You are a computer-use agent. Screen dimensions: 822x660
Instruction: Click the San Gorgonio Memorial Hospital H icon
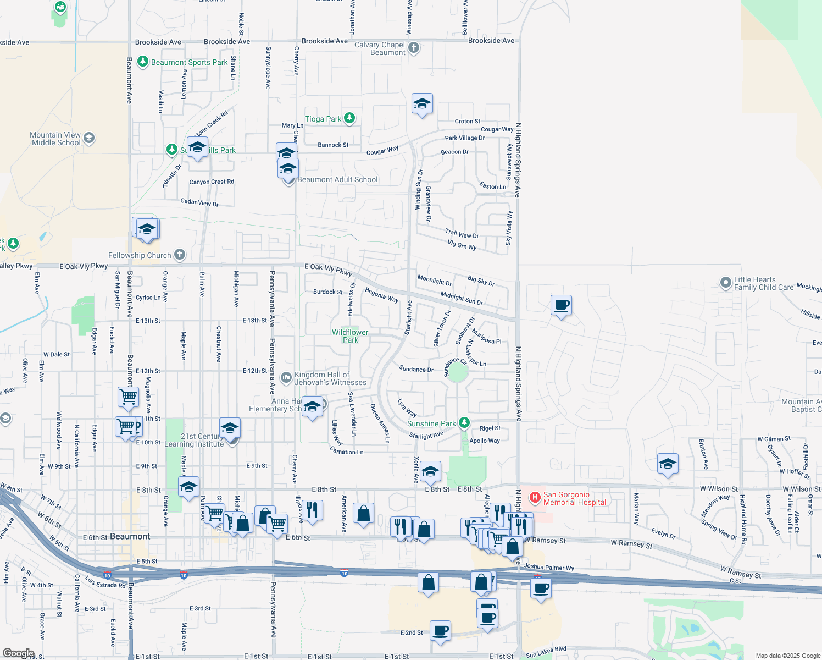[x=535, y=498]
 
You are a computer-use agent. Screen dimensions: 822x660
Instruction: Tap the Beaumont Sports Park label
[x=189, y=62]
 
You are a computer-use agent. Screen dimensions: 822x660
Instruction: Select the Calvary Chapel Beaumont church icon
[x=414, y=48]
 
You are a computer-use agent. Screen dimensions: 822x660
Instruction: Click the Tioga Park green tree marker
[x=349, y=118]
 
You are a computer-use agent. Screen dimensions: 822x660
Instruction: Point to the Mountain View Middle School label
[x=55, y=139]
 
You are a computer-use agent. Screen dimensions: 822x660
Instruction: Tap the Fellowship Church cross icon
[x=180, y=255]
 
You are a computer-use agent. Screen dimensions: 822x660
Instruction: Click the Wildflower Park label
[x=350, y=336]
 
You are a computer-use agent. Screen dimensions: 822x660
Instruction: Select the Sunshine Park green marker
[x=464, y=422]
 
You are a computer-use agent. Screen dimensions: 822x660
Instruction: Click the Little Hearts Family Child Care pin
[x=726, y=283]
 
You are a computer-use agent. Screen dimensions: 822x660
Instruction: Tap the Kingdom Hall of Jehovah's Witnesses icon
[x=286, y=377]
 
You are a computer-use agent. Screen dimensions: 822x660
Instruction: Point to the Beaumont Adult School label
[x=337, y=179]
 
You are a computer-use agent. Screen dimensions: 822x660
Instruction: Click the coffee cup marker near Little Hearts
[x=562, y=305]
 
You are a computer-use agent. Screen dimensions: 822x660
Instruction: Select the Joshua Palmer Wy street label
[x=549, y=567]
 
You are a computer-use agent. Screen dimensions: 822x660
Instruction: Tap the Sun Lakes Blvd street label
[x=546, y=652]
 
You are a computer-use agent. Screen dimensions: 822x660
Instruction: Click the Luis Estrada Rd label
[x=105, y=581]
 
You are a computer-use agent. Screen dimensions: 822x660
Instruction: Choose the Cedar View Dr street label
[x=199, y=202]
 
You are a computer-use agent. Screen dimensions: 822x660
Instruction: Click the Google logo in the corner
[x=18, y=653]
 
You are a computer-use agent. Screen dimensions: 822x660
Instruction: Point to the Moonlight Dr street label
[x=434, y=280]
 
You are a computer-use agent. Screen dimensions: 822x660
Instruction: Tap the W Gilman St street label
[x=774, y=439]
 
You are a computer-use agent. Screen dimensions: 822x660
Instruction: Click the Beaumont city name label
[x=130, y=536]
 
